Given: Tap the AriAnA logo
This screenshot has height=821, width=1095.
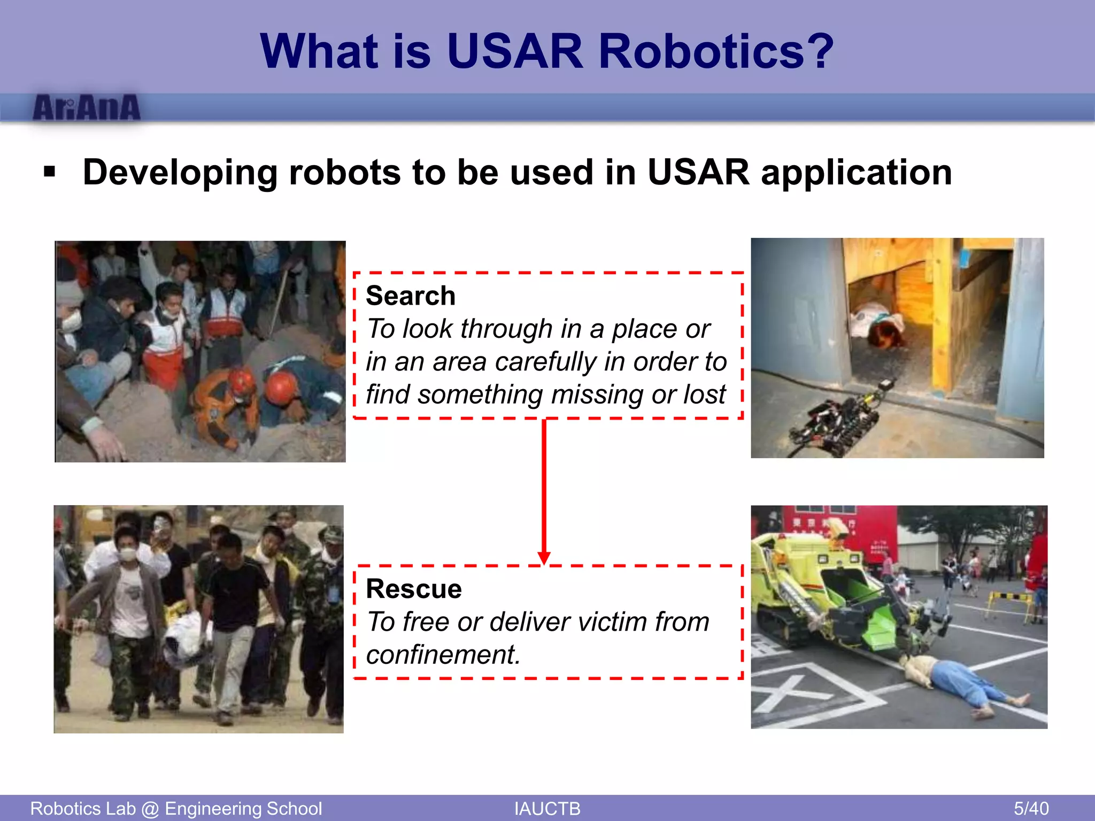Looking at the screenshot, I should click(x=87, y=108).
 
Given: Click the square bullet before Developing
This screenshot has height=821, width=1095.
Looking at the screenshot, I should click(x=50, y=172).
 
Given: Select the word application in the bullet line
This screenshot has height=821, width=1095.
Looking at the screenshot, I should click(x=856, y=173).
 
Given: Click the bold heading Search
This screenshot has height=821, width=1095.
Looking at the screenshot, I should click(x=410, y=296).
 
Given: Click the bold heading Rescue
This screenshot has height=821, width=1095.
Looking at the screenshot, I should click(x=413, y=588).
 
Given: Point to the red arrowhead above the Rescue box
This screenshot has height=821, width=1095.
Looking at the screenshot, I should click(x=544, y=558).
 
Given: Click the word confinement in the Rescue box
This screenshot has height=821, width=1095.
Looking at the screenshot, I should click(x=443, y=654).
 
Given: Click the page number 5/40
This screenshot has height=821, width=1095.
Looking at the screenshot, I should click(x=1031, y=808).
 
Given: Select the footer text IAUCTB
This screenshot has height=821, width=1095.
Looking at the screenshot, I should click(x=547, y=808).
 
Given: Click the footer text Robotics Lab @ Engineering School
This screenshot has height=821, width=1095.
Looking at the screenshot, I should click(x=176, y=808).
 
